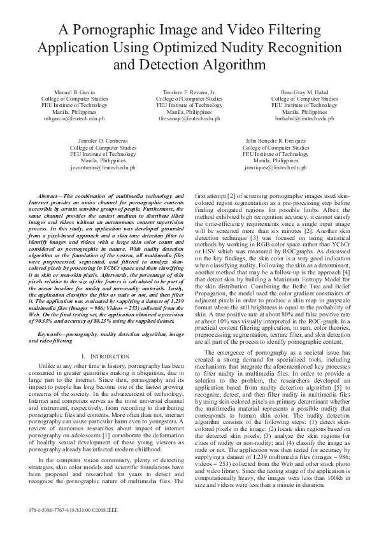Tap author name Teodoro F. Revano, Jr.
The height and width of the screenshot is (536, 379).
(x=189, y=92)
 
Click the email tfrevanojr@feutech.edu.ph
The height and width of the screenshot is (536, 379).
(x=189, y=119)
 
